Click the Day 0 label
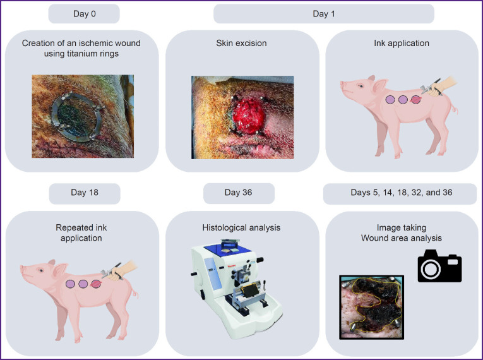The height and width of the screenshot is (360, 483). (x=84, y=13)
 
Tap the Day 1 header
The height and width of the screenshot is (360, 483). (x=324, y=13)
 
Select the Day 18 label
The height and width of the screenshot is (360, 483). (x=85, y=193)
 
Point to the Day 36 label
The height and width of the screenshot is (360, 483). (x=239, y=193)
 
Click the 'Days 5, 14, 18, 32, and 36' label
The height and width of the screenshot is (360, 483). (x=402, y=193)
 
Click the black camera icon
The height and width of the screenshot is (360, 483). (x=439, y=266)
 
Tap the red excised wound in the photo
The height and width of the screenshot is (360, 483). (x=248, y=116)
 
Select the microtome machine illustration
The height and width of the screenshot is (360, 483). (x=237, y=288)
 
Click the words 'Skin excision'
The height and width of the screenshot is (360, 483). (x=241, y=43)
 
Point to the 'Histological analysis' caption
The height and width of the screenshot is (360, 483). (x=241, y=228)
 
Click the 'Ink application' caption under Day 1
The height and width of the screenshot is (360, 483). (x=402, y=43)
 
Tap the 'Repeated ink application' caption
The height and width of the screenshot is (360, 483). (x=81, y=232)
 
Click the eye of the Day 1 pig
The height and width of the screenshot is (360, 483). (x=361, y=87)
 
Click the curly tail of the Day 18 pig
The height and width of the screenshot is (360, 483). (x=135, y=293)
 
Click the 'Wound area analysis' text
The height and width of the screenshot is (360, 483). (x=402, y=238)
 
